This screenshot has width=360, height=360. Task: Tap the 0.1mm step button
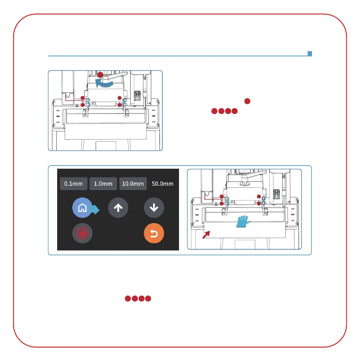[x=74, y=184]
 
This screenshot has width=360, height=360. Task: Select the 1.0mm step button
[x=103, y=184]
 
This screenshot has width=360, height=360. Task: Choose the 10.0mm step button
[x=133, y=184]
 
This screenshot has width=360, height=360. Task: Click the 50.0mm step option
[x=163, y=184]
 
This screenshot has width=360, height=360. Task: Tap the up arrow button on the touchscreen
[x=118, y=208]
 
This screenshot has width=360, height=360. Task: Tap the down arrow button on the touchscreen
[x=154, y=208]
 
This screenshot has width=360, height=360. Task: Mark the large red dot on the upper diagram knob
[x=101, y=75]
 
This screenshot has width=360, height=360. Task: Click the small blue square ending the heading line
[x=310, y=54]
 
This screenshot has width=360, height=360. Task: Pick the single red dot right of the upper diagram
[x=247, y=102]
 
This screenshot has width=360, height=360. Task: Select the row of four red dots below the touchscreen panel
[x=138, y=298]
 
